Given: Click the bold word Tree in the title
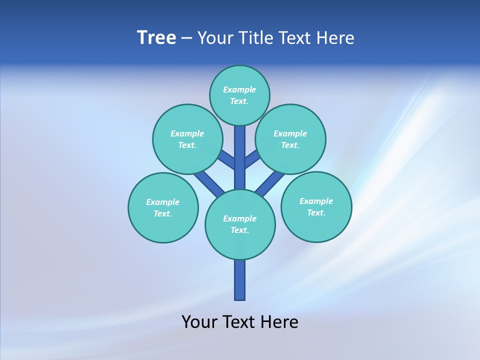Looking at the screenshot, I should coord(156,38).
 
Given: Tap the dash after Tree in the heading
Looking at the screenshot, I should coord(186,38).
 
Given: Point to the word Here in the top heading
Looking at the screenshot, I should coord(336,38).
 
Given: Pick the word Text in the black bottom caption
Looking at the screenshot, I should coord(239,321).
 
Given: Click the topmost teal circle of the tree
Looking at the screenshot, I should coord(239,95).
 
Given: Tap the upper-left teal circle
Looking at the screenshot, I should coord(187,139).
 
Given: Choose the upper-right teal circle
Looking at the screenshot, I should coord(290,139).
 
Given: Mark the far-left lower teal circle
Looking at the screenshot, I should coord(163,207).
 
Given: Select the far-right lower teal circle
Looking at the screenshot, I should coord(316,206).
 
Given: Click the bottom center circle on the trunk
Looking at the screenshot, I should coord(240,224).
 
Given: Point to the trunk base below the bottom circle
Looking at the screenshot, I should coord(240,280).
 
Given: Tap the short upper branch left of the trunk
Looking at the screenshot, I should coord(227,160).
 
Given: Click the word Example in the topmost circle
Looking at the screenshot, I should coord(239,89).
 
